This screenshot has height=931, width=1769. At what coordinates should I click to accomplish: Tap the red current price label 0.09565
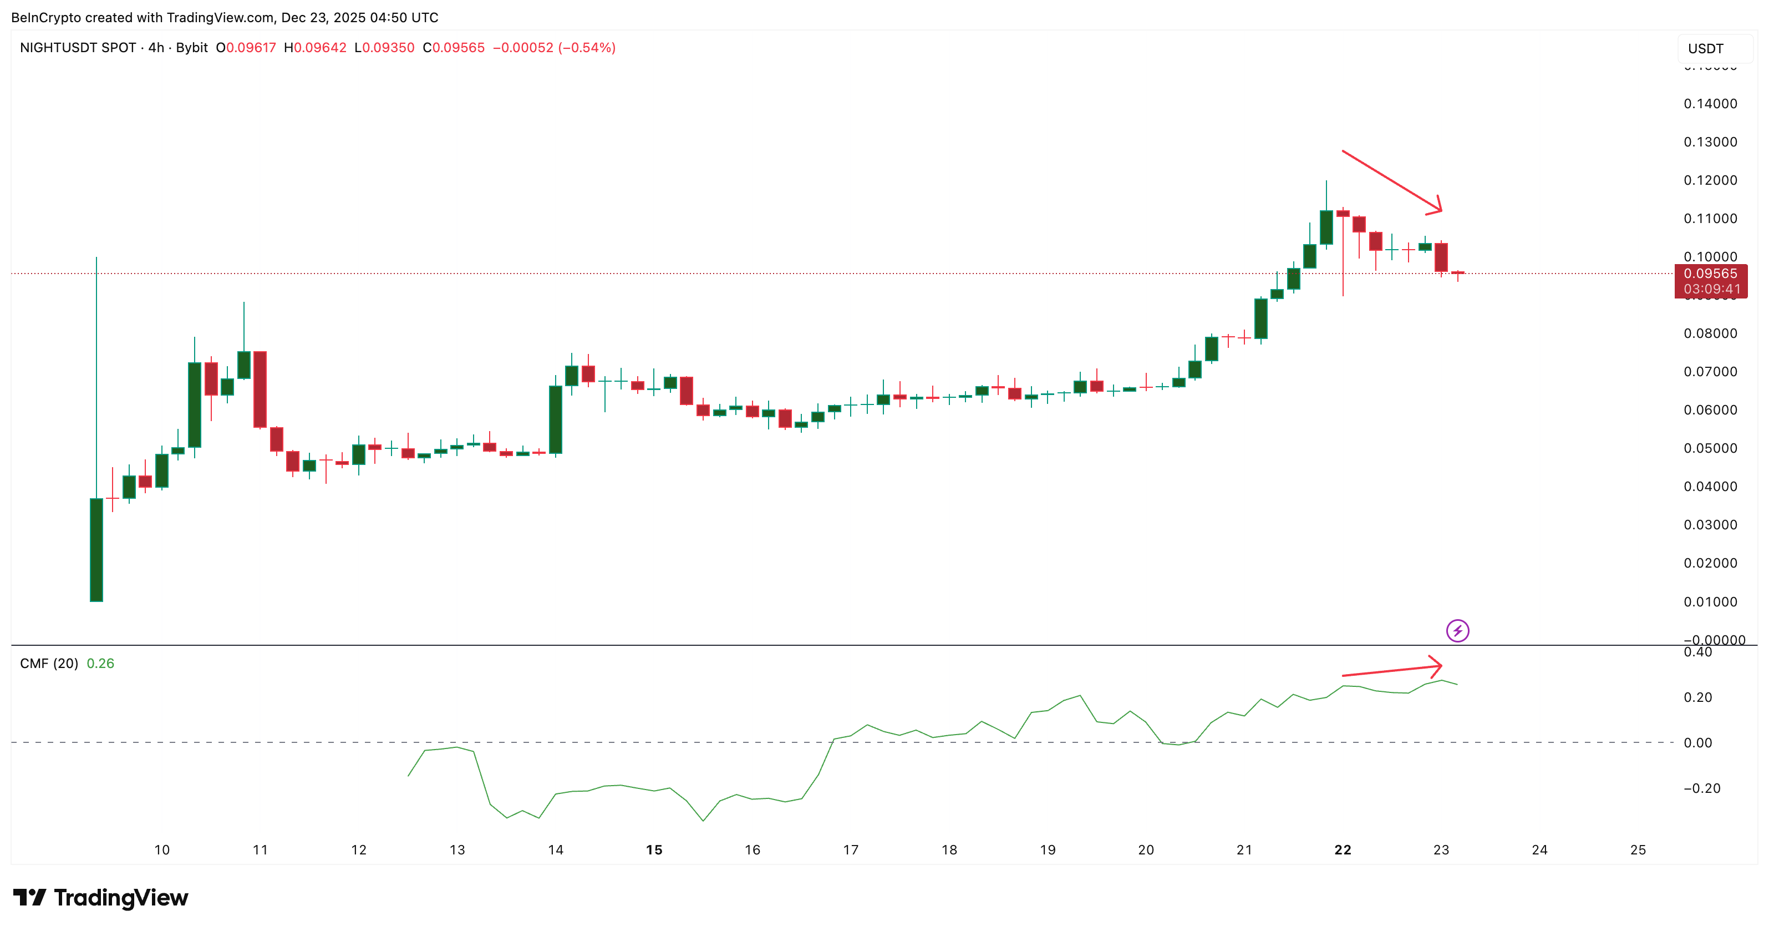pyautogui.click(x=1710, y=274)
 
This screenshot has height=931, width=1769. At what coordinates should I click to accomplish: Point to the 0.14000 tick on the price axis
pyautogui.click(x=1710, y=104)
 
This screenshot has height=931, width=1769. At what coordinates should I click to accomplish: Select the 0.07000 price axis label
pyautogui.click(x=1710, y=372)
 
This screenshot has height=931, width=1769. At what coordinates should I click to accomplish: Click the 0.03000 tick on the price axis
pyautogui.click(x=1710, y=525)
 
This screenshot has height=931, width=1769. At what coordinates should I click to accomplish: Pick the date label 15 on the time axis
pyautogui.click(x=654, y=850)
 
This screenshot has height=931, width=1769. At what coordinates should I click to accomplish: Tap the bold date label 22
pyautogui.click(x=1343, y=850)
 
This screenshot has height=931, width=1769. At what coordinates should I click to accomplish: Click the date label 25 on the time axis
pyautogui.click(x=1638, y=850)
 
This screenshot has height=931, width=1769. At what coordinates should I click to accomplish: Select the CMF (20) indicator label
pyautogui.click(x=49, y=664)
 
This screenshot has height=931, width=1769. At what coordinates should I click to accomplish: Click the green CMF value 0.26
pyautogui.click(x=100, y=664)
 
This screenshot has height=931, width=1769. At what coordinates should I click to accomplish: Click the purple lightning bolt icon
pyautogui.click(x=1457, y=631)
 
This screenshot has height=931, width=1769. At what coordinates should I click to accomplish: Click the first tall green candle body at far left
pyautogui.click(x=96, y=550)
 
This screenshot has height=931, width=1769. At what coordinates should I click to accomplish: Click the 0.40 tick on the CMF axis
pyautogui.click(x=1697, y=652)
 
